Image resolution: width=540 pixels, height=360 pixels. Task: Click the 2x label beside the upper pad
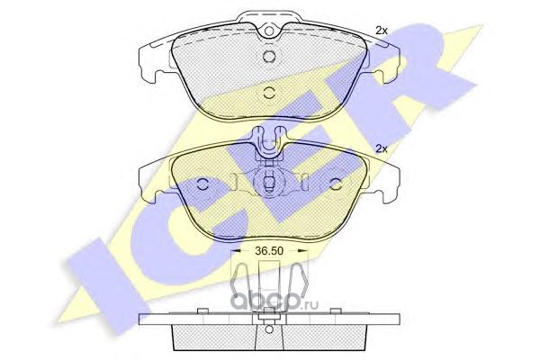(382, 31)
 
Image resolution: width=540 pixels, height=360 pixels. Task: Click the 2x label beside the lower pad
(382, 148)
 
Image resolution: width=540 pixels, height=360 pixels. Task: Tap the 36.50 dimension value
(269, 251)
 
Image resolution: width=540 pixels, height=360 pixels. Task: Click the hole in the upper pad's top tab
(269, 31)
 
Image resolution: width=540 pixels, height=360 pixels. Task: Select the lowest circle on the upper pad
(268, 92)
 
